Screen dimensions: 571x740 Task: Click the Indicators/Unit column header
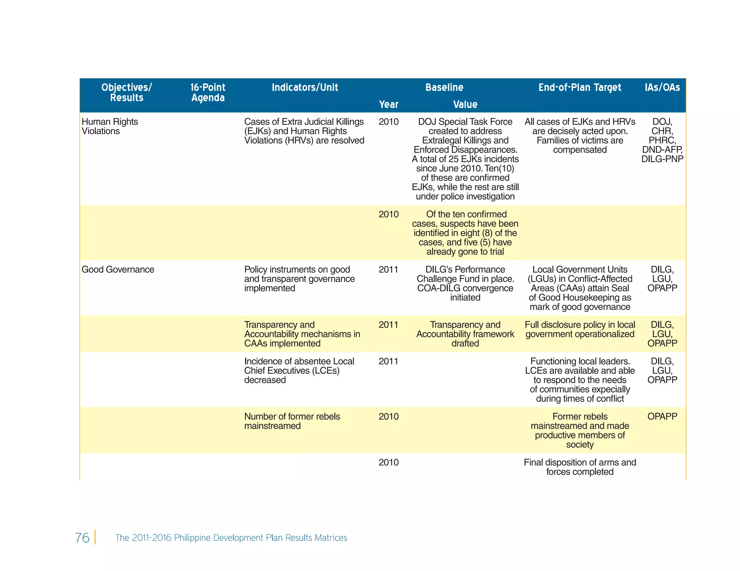[305, 87]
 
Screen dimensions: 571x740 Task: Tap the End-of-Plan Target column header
[580, 87]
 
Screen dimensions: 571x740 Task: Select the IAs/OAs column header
[662, 87]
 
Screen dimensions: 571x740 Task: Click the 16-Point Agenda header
[208, 92]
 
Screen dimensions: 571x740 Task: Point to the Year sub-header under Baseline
[388, 105]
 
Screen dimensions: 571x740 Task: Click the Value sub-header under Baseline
[465, 105]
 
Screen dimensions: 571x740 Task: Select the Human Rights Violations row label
[109, 126]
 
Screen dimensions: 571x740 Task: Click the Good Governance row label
[118, 270]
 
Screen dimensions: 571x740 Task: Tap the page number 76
[82, 537]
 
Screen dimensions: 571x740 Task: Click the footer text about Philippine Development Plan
[231, 537]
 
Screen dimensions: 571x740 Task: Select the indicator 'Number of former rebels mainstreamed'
[292, 421]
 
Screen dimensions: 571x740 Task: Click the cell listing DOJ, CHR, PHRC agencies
[662, 140]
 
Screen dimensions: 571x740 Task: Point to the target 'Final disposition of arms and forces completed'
[580, 467]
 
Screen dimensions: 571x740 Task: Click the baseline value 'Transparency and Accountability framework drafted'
[465, 334]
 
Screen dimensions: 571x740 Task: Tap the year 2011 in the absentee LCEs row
[388, 361]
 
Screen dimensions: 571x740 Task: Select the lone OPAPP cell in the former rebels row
[662, 417]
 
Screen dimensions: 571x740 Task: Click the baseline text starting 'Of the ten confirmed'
[465, 233]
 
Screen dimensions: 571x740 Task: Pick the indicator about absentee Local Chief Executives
[299, 371]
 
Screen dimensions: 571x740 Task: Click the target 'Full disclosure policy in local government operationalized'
[580, 330]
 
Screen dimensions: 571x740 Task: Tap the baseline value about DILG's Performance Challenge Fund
[465, 283]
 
